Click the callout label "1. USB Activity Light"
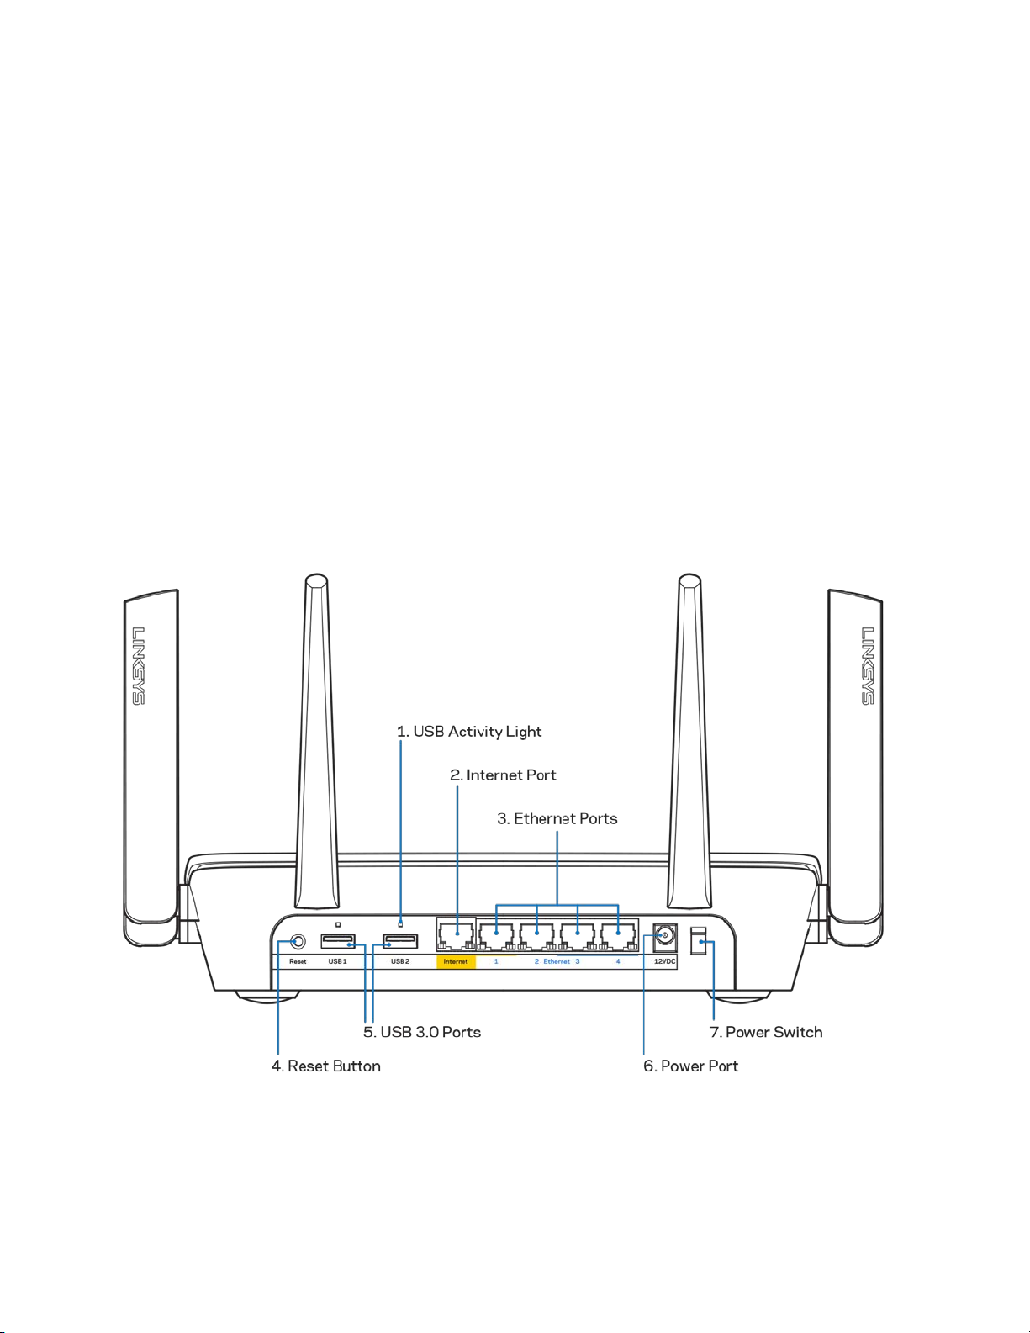click(469, 732)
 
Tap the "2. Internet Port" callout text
click(503, 775)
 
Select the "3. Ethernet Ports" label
click(557, 819)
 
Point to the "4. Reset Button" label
click(325, 1066)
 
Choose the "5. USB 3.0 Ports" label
click(422, 1032)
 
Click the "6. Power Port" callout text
click(690, 1066)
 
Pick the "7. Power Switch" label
click(765, 1032)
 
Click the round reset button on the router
click(297, 941)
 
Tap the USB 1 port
click(338, 942)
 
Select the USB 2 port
click(400, 942)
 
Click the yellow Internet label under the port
click(456, 961)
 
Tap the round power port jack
click(665, 935)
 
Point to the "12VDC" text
click(664, 961)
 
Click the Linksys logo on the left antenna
click(138, 665)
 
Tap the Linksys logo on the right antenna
click(868, 665)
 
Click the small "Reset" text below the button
click(298, 961)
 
